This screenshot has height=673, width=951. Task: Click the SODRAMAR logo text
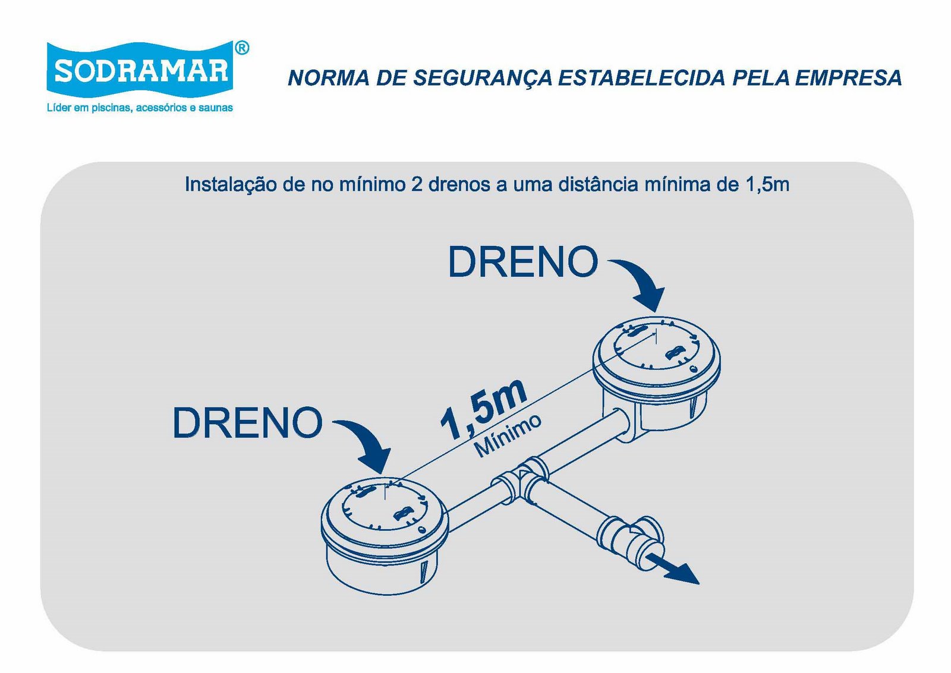click(x=141, y=71)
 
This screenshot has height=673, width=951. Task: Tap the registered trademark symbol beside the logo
click(x=241, y=48)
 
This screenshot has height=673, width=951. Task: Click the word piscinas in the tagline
click(x=112, y=108)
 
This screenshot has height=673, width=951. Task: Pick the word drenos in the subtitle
click(x=459, y=185)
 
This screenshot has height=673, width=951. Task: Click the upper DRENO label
click(x=523, y=262)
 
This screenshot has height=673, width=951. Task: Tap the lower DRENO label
click(x=247, y=423)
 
